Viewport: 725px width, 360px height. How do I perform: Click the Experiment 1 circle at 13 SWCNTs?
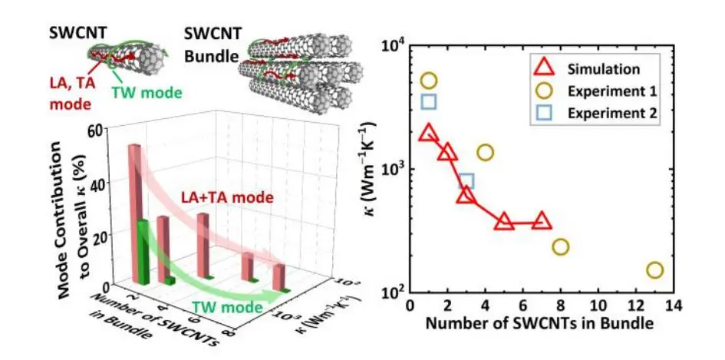[x=654, y=270]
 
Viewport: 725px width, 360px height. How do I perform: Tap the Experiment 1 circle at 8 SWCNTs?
[x=561, y=246]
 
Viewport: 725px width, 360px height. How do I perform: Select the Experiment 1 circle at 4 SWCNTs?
[x=485, y=152]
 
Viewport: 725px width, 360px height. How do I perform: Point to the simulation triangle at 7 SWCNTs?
[x=542, y=222]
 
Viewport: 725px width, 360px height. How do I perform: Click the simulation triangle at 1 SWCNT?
[x=429, y=134]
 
